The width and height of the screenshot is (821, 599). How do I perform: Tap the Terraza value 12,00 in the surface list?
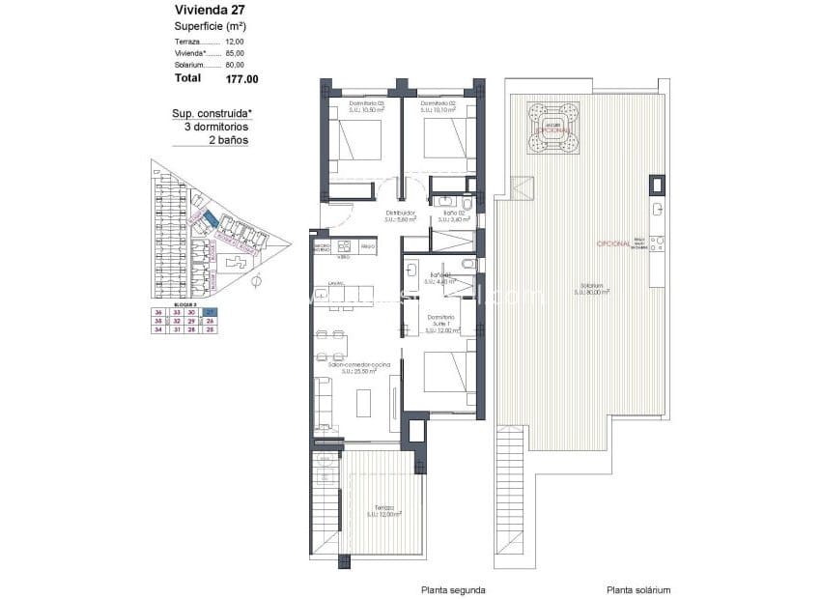tap(234, 42)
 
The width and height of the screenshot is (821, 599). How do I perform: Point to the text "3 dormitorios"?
tap(211, 127)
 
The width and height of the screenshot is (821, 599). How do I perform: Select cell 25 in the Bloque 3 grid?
tap(211, 329)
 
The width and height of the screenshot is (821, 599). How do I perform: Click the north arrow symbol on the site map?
tap(255, 283)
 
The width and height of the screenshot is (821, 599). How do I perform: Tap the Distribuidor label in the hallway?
tap(400, 214)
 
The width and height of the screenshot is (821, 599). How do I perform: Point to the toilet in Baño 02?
tap(466, 204)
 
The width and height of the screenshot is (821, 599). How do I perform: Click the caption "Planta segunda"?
tap(453, 589)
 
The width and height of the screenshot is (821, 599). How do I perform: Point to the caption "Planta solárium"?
tap(638, 589)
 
